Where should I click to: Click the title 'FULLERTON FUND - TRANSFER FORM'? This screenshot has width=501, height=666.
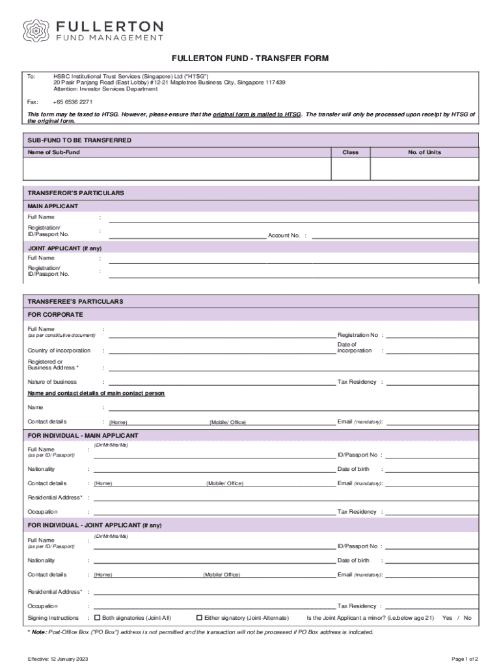251,59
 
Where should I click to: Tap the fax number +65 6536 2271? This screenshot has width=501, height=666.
73,102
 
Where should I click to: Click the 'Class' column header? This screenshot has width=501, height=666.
351,152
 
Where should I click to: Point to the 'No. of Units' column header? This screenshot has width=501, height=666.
424,152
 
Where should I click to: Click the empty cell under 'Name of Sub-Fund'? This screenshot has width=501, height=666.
177,169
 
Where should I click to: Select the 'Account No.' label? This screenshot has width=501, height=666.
284,235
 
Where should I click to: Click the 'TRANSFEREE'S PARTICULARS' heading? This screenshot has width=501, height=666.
75,302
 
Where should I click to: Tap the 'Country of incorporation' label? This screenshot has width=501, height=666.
59,351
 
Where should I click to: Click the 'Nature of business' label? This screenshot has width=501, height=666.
52,382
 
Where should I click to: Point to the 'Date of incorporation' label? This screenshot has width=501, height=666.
355,347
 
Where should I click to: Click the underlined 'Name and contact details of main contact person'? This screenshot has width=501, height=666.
96,393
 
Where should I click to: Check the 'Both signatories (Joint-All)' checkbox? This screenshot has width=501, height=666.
97,617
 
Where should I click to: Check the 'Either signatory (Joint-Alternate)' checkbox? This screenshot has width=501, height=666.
199,617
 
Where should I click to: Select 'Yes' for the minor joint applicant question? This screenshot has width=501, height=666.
447,618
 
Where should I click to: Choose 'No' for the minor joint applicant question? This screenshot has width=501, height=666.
467,618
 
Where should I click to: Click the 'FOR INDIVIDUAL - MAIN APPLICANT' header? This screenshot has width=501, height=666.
83,435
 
